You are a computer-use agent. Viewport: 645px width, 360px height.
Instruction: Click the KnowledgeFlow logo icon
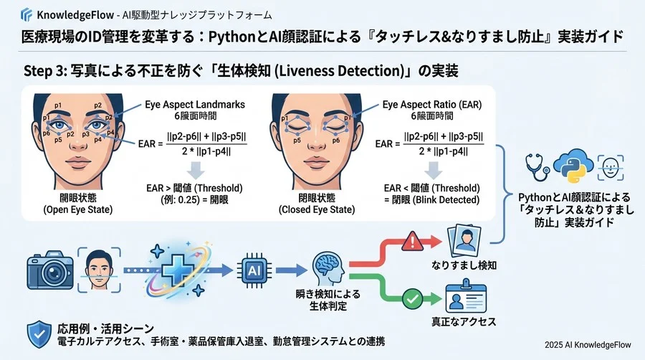pyautogui.click(x=27, y=14)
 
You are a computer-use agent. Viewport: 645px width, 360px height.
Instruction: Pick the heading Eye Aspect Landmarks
pyautogui.click(x=195, y=105)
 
